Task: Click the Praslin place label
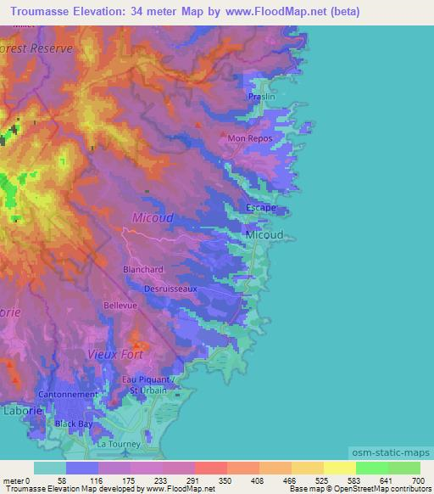coord(258,98)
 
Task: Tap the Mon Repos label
coord(246,138)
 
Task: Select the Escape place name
coord(261,207)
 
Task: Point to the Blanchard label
coord(142,270)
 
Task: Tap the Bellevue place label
coord(120,305)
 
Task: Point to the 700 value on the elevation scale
coord(417,480)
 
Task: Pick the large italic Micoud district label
coord(153,218)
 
